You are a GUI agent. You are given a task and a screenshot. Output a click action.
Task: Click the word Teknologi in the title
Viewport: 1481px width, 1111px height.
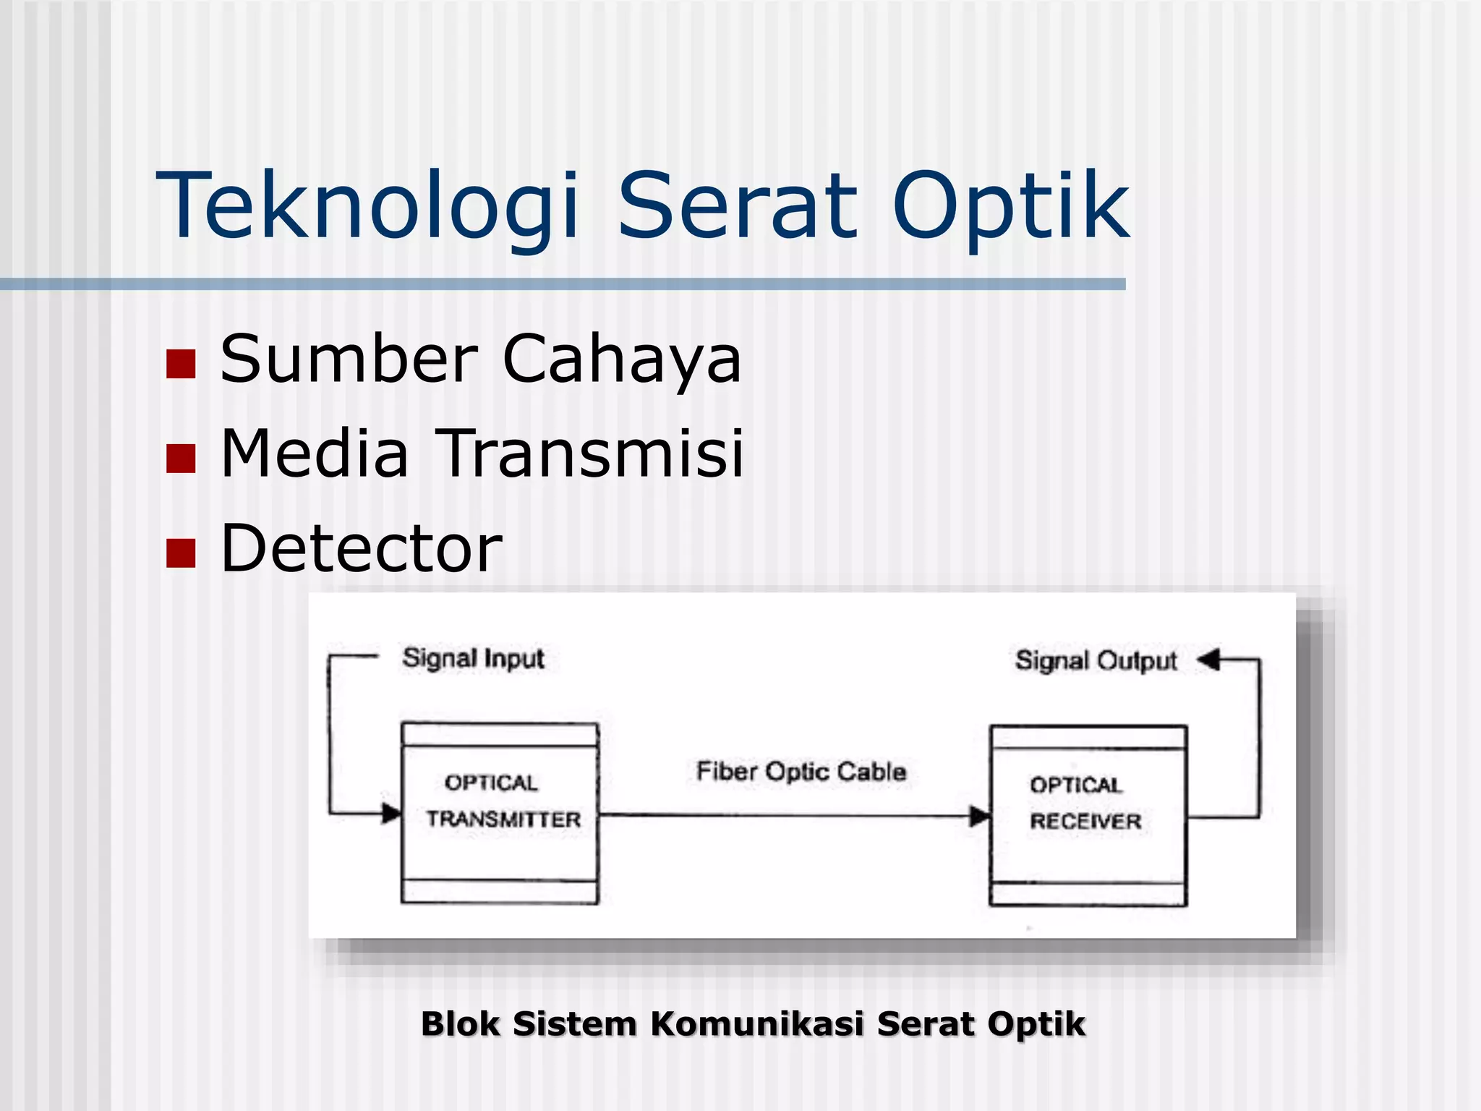point(367,205)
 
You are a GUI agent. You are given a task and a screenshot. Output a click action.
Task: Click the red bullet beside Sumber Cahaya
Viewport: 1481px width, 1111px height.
point(181,364)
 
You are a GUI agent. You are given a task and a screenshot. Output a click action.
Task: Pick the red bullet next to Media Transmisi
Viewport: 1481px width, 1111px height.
point(181,458)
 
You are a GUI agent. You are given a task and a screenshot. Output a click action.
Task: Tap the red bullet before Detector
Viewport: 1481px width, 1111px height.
point(181,553)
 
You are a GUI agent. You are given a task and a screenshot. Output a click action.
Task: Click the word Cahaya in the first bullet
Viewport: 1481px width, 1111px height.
point(622,359)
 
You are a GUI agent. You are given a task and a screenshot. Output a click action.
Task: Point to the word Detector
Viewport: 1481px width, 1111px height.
point(361,548)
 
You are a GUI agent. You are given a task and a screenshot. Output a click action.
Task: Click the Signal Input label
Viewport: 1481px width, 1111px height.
point(473,658)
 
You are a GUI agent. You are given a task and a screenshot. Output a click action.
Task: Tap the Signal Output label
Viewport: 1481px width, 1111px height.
point(1096,660)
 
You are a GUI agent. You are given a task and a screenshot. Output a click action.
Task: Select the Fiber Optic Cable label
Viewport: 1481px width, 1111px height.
point(801,772)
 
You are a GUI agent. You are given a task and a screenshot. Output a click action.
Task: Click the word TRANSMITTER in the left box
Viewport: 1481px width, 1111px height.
point(503,819)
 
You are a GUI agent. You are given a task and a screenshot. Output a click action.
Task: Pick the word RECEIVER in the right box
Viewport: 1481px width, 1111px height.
point(1085,821)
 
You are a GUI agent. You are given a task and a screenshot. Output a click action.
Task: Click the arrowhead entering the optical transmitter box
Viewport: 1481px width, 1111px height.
point(391,813)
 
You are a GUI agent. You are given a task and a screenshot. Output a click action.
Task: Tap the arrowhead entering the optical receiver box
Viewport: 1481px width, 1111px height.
point(980,817)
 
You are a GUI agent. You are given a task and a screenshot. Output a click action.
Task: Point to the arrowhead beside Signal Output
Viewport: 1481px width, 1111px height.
point(1208,660)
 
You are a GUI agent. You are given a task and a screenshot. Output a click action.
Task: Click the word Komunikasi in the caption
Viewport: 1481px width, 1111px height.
point(757,1024)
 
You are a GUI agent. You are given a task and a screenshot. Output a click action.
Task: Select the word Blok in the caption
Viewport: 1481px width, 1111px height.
point(460,1024)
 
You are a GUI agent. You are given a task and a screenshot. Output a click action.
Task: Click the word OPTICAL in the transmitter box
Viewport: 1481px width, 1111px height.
point(491,783)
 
